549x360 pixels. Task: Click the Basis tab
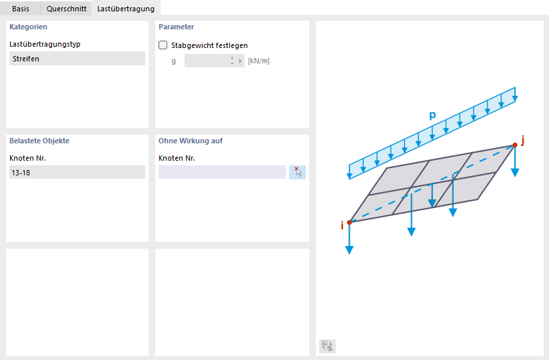[20, 9]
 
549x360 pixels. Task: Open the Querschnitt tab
[66, 9]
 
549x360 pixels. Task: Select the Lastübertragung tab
[126, 9]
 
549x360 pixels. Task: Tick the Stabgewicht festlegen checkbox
[163, 45]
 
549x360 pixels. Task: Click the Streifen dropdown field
[77, 59]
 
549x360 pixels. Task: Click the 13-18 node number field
[77, 172]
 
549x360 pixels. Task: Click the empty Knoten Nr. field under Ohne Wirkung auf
[222, 172]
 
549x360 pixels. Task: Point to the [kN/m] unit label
[259, 61]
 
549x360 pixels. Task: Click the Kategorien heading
[29, 27]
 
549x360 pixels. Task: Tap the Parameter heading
[176, 27]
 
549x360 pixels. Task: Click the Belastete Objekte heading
[39, 141]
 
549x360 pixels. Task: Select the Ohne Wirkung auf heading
[191, 141]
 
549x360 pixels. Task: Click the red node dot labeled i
[349, 223]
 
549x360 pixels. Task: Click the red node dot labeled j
[514, 145]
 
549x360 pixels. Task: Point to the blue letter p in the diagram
[433, 115]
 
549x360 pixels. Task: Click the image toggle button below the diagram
[327, 346]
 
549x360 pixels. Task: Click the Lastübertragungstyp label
[45, 44]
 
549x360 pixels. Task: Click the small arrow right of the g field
[240, 61]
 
